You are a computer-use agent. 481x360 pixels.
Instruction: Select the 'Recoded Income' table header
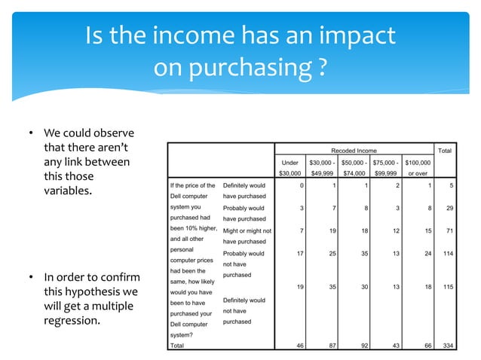coord(357,151)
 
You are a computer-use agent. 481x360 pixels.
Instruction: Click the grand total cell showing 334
coord(449,346)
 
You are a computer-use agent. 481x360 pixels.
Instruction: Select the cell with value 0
coord(302,185)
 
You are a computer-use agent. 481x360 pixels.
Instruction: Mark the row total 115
coord(449,286)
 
